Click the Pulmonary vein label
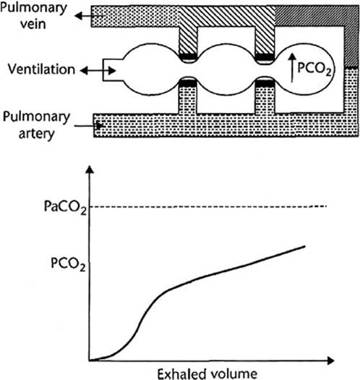click(33, 16)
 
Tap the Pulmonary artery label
click(36, 125)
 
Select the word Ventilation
click(41, 69)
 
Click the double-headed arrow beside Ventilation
click(98, 71)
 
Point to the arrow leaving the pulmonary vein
click(90, 16)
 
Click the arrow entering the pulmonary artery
click(89, 126)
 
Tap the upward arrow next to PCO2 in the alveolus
click(293, 68)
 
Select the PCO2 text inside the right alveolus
click(314, 69)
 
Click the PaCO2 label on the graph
click(65, 208)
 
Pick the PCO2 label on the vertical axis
click(68, 264)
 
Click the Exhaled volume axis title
click(207, 373)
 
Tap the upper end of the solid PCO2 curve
click(305, 246)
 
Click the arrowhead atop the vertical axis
click(90, 169)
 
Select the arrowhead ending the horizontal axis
click(330, 360)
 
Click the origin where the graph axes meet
click(90, 360)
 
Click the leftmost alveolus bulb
click(151, 69)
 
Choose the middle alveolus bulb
click(226, 69)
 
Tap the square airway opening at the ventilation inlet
click(113, 69)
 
